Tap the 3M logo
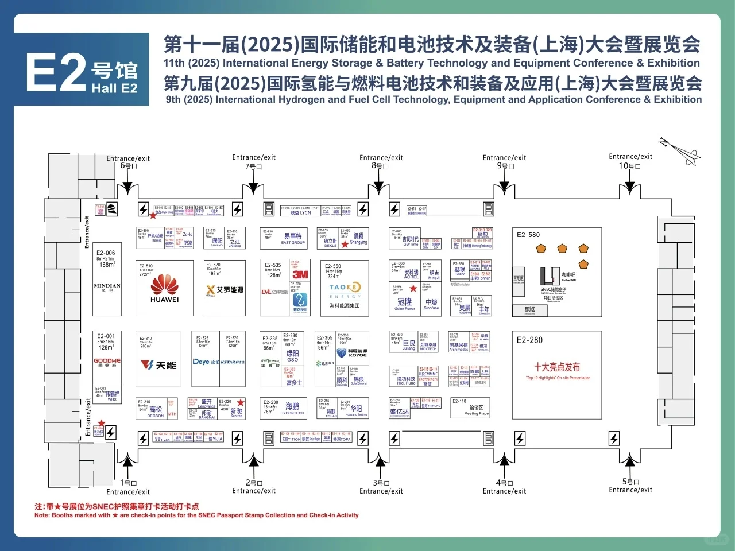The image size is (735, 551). pos(300,274)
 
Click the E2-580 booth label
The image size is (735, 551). pos(528,235)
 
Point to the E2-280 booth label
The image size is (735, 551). pos(529,340)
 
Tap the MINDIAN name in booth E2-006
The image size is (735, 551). pos(107,285)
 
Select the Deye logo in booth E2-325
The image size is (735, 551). pos(201,362)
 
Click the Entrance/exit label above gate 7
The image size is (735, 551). pos(254,157)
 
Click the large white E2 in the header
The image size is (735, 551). pos(56,73)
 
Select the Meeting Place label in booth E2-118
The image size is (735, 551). pos(476,413)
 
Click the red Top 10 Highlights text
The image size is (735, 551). pos(558,378)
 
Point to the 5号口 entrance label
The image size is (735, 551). pos(630,482)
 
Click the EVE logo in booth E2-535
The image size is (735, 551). pos(266,292)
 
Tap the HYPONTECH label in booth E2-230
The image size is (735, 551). pos(292,413)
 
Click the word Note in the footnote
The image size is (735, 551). pos(42,515)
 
